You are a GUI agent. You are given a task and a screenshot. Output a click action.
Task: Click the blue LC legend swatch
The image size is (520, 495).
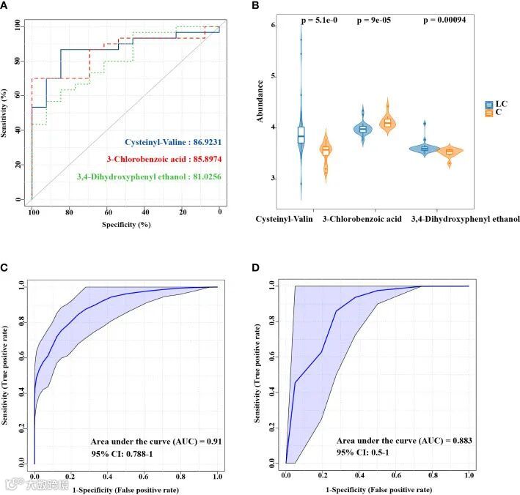coord(489,105)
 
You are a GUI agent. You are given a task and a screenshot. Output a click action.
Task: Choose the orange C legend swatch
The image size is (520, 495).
coord(489,113)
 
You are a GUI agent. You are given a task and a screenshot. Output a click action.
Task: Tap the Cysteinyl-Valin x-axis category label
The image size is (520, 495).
coord(285,219)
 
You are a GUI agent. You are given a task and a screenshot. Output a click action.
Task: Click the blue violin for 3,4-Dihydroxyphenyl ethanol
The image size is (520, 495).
coord(425,146)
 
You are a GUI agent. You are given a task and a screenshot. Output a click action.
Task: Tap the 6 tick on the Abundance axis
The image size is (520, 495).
coord(273,26)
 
